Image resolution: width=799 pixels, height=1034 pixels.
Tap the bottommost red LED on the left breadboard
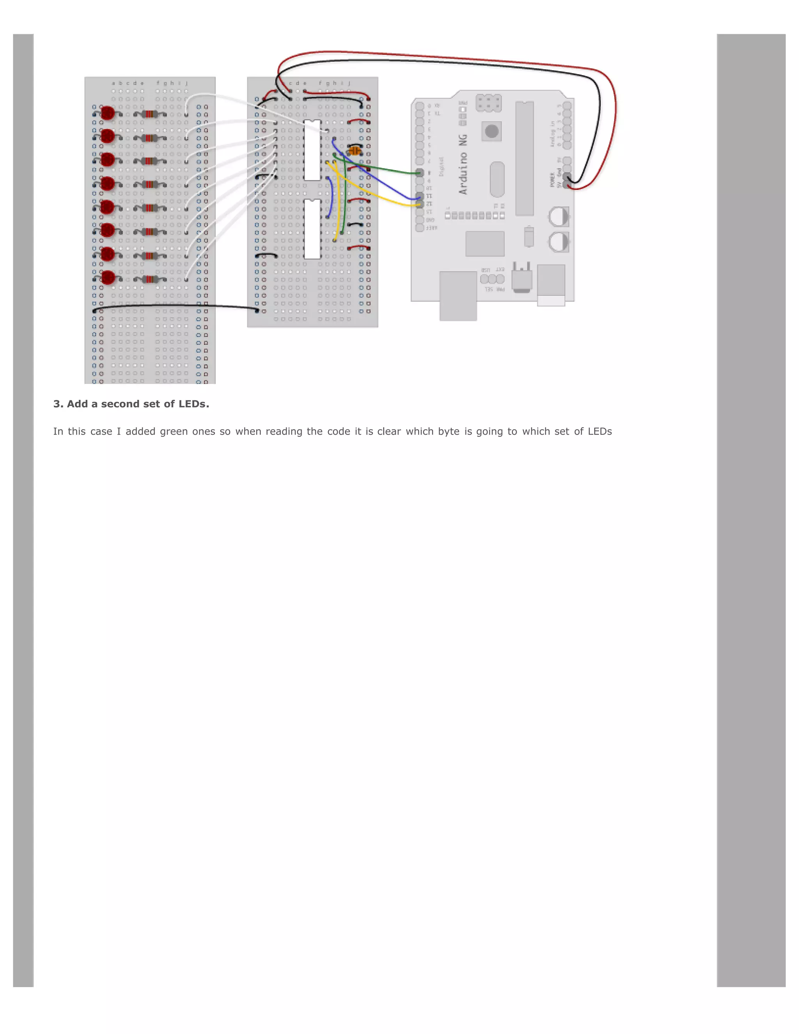click(x=108, y=277)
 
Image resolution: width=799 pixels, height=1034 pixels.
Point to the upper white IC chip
click(x=312, y=150)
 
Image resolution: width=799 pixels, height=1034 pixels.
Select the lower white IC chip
click(x=312, y=229)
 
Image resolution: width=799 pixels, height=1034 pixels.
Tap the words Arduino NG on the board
click(x=463, y=164)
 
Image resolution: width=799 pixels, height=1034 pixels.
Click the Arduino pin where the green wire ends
click(x=419, y=173)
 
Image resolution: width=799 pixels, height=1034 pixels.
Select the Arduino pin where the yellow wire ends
click(x=419, y=204)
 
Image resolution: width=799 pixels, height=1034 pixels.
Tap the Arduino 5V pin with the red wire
click(x=567, y=186)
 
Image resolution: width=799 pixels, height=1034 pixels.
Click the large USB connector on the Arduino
click(x=458, y=295)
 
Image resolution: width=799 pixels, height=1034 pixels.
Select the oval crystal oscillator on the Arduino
click(x=497, y=179)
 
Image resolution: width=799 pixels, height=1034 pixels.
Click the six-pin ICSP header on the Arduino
click(x=488, y=103)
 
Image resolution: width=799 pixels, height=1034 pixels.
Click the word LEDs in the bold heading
click(x=194, y=404)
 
